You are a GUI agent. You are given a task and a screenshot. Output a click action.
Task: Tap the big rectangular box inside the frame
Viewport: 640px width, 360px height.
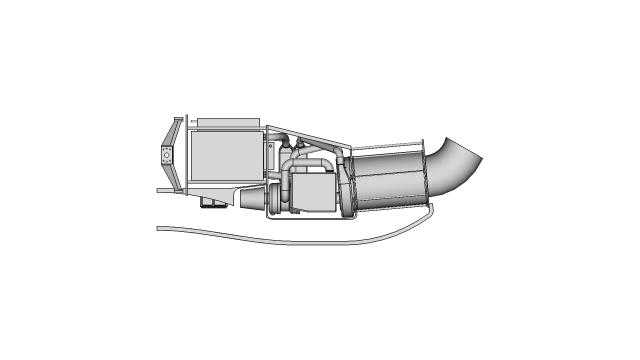click(224, 160)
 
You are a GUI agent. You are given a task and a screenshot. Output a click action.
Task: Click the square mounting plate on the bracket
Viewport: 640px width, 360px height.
click(165, 156)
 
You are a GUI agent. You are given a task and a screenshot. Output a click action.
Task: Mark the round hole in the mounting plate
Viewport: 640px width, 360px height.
click(165, 156)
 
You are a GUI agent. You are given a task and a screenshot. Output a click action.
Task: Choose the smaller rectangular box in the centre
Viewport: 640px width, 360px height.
click(312, 192)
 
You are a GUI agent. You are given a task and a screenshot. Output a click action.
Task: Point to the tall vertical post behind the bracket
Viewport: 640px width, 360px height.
click(183, 155)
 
